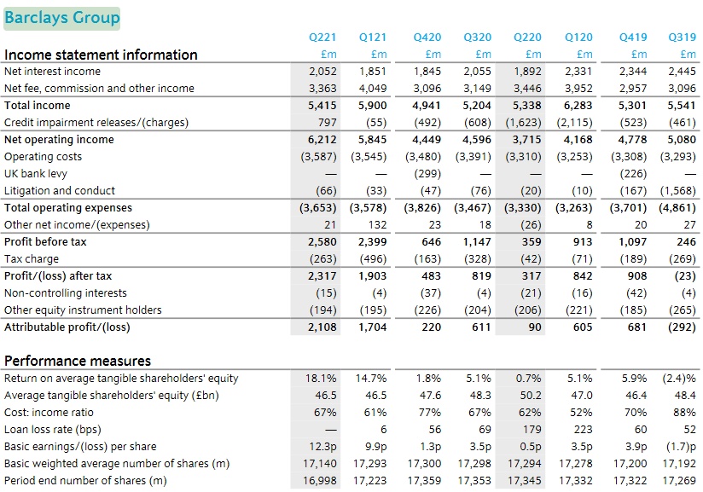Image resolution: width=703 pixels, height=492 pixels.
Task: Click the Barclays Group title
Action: coord(61,18)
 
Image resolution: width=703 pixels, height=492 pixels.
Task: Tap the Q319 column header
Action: coord(683,38)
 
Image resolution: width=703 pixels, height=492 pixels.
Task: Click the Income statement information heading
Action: coord(101,55)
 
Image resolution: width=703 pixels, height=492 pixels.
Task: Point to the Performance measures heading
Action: coord(78,361)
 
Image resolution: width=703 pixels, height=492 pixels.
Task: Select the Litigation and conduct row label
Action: coord(60,191)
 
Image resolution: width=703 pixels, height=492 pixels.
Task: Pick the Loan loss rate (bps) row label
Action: coord(53,430)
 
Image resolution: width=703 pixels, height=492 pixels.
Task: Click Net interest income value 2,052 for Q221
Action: coord(322,72)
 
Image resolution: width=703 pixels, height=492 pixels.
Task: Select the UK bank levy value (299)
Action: coord(426,174)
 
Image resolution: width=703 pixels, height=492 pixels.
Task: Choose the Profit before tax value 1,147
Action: coord(478,242)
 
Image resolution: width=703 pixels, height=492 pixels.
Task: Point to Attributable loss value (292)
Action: coord(681,327)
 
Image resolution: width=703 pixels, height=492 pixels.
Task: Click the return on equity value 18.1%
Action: coord(322,379)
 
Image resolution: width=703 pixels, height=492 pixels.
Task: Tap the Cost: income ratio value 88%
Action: coord(685,413)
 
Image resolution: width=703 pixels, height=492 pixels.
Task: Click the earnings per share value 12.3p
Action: coord(322,447)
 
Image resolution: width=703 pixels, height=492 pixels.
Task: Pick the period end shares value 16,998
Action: coord(321,481)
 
